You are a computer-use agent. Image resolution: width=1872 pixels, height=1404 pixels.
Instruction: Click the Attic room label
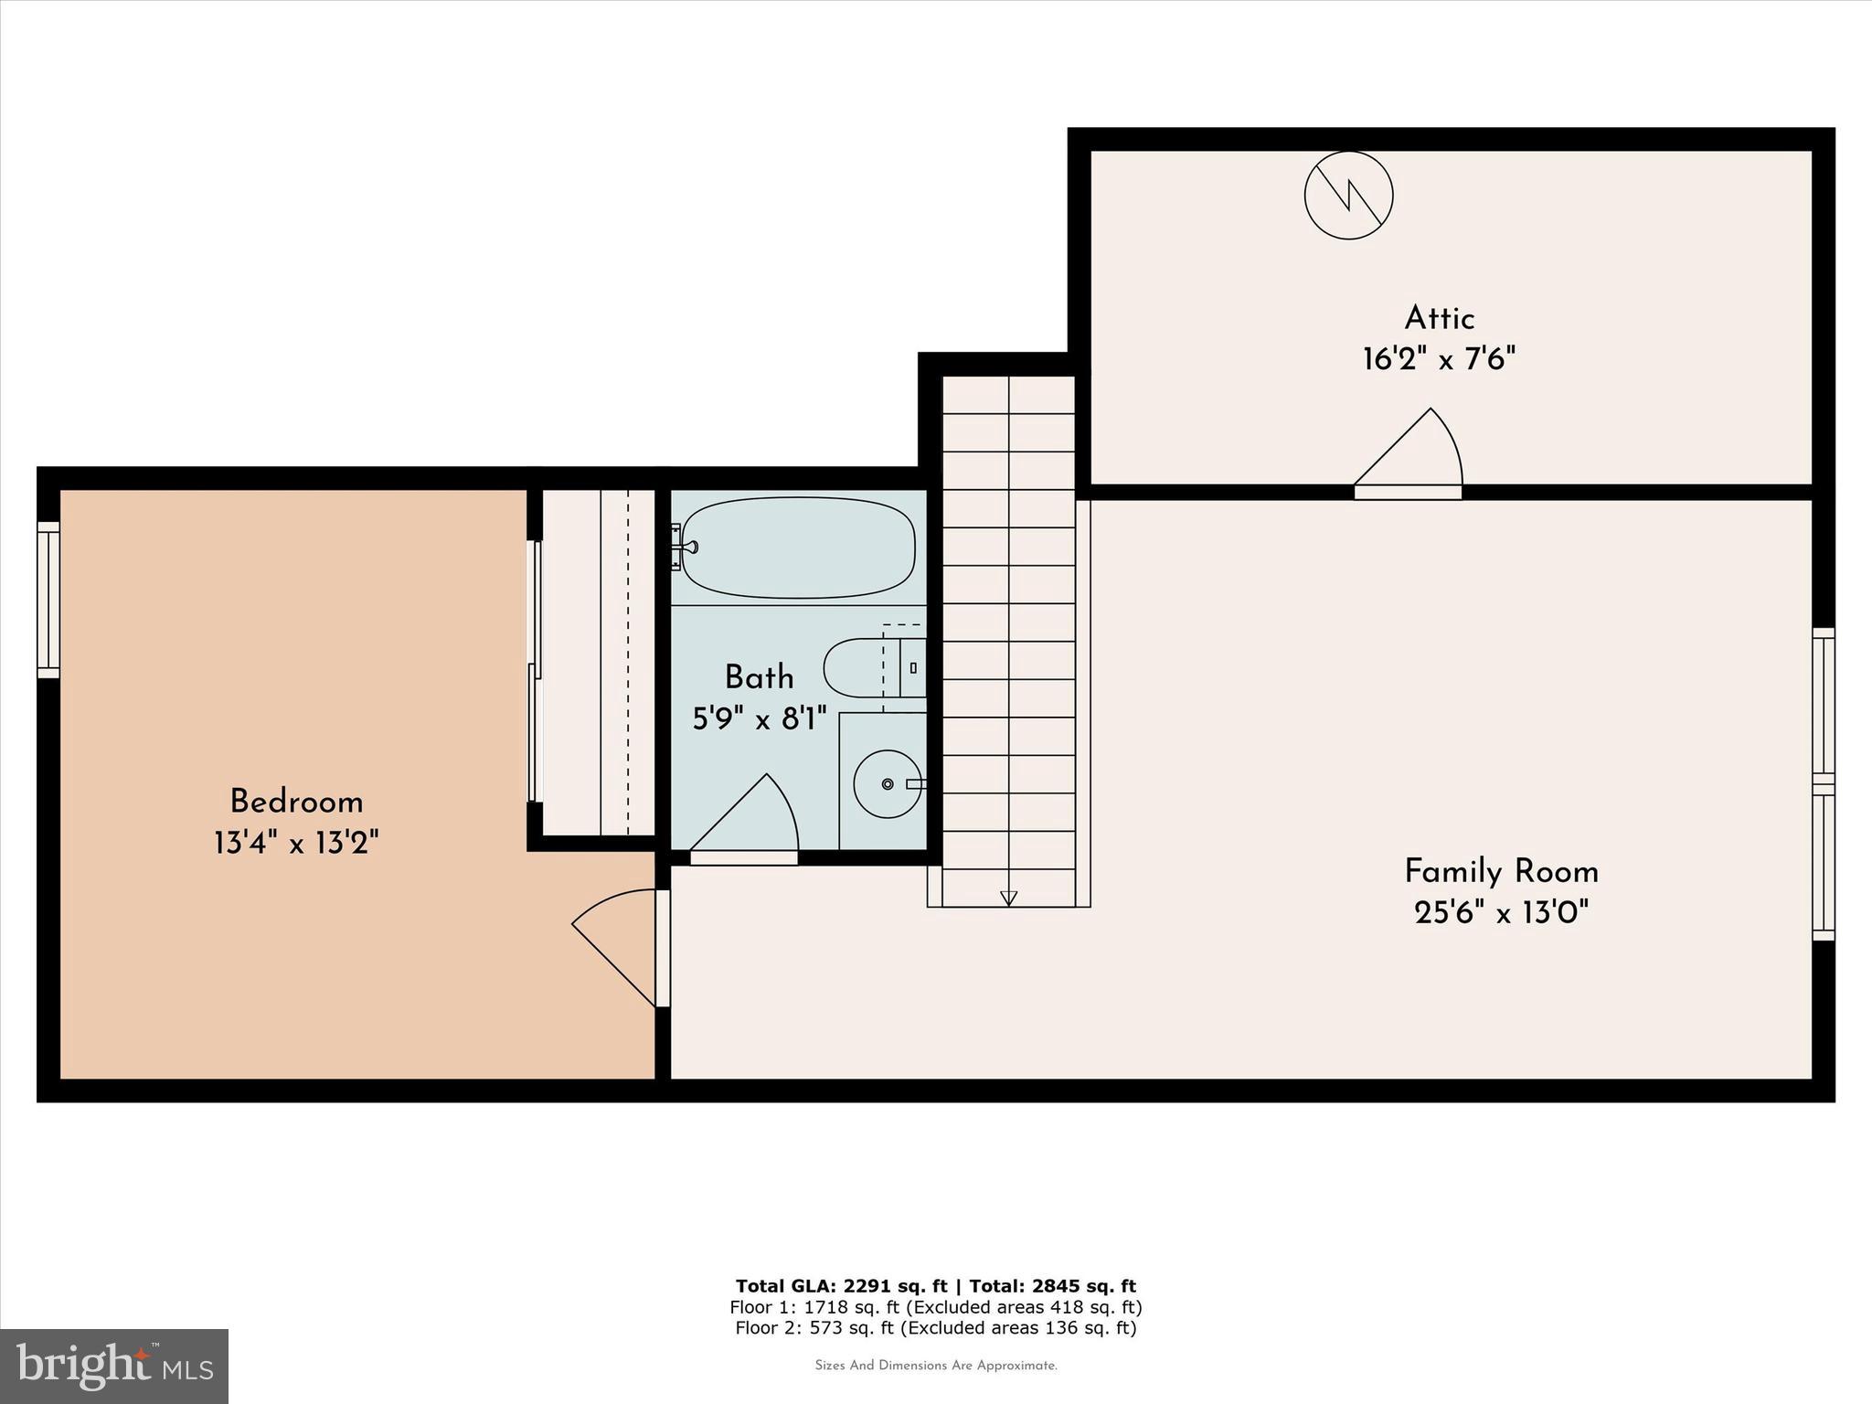[x=1439, y=318]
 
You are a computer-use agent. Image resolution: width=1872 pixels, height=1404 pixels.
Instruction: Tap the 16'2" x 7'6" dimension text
[x=1439, y=359]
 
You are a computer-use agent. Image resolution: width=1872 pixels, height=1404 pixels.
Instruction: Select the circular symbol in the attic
[x=1348, y=196]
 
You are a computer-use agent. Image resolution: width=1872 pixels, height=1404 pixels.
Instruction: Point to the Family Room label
[x=1501, y=871]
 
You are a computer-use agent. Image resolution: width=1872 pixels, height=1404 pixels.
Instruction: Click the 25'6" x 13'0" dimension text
[x=1501, y=912]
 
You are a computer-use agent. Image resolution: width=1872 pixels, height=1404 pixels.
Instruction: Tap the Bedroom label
[x=296, y=802]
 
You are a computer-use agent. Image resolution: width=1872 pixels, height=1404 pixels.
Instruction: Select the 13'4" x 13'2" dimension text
[x=296, y=843]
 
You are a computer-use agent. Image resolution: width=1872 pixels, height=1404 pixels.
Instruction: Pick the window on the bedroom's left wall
[x=48, y=600]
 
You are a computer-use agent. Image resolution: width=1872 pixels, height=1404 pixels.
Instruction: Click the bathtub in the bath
[x=798, y=548]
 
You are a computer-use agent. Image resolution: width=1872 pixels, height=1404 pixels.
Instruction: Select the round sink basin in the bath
[x=887, y=783]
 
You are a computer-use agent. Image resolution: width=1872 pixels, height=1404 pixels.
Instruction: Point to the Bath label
[x=759, y=677]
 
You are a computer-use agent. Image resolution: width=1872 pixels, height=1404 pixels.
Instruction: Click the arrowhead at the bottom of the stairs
[x=1008, y=898]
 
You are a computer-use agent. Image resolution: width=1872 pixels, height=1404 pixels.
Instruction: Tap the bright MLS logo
[x=114, y=1366]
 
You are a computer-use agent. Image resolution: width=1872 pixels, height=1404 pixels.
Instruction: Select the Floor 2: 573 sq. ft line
[x=935, y=1328]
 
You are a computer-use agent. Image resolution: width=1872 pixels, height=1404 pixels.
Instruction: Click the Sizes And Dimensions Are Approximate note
[x=935, y=1366]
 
